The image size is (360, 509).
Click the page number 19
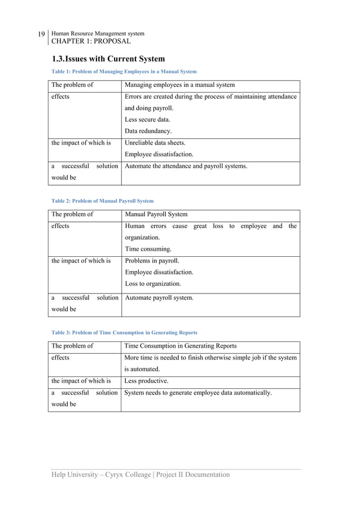tap(41, 35)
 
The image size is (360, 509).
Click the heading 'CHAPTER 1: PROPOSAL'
tap(91, 41)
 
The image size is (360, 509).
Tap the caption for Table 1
tap(124, 72)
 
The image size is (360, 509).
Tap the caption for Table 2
tap(102, 201)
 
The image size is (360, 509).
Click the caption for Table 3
tap(124, 332)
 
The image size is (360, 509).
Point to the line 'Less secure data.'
tap(147, 120)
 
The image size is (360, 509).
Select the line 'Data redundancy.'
tap(148, 131)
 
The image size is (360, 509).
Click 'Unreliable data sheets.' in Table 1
tap(155, 143)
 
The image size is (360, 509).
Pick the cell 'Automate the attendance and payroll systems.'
tap(186, 166)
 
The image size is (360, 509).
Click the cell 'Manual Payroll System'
tap(156, 214)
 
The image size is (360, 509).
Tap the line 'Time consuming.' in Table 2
tap(148, 249)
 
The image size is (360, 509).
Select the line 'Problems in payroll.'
tap(152, 261)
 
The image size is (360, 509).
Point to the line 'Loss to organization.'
tap(152, 284)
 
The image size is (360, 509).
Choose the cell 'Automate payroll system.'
tap(159, 297)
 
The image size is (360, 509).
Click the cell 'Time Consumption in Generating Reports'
tap(180, 346)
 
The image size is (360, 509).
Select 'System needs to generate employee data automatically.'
tap(197, 393)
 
